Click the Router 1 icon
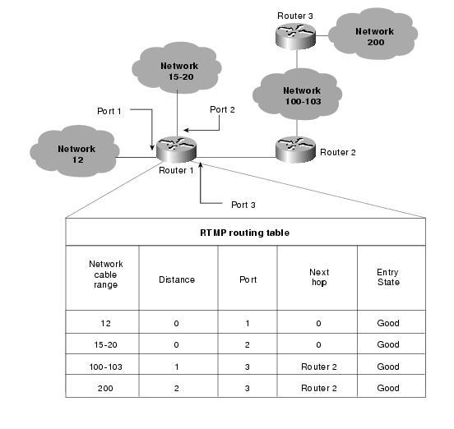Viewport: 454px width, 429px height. [176, 150]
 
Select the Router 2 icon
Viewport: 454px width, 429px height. [295, 150]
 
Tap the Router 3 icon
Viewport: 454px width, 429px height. [295, 36]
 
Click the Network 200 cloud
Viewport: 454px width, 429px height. [373, 35]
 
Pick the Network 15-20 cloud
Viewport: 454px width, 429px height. [177, 68]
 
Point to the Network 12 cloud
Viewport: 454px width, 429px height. [75, 151]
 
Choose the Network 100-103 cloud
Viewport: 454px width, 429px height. [298, 94]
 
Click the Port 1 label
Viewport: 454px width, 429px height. [109, 111]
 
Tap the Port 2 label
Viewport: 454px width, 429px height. [222, 109]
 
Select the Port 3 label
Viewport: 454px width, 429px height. [243, 205]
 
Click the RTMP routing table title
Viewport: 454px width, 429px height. [244, 233]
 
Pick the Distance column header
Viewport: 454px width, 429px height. [177, 279]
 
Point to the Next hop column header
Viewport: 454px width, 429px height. [319, 277]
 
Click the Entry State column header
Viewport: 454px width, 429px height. [388, 277]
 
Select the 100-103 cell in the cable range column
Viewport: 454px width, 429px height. [105, 367]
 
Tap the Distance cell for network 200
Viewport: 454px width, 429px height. [177, 388]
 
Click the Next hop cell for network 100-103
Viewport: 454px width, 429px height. [319, 367]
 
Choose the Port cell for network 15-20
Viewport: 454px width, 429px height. [247, 345]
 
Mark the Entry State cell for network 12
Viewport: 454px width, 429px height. [388, 323]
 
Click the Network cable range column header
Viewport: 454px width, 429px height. [105, 274]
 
